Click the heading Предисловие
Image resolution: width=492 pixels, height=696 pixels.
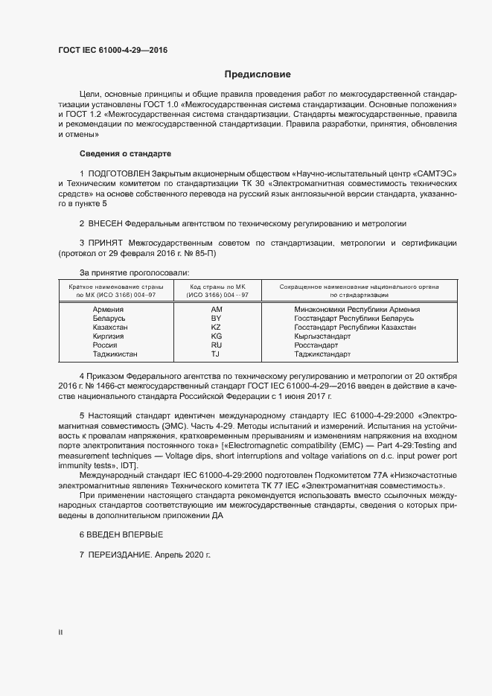pos(258,74)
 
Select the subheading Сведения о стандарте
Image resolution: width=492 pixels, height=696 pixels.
pos(125,153)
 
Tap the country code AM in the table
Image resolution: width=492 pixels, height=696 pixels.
pos(217,309)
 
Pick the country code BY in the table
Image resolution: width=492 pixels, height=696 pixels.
pos(217,318)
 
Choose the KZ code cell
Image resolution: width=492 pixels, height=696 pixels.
pos(217,327)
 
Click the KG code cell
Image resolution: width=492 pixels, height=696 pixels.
pos(217,336)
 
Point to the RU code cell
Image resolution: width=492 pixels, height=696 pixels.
pos(217,345)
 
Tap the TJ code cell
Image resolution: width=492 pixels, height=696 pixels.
pos(217,354)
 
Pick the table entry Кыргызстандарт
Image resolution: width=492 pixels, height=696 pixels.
pos(322,336)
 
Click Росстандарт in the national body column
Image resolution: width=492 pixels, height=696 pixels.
pos(316,345)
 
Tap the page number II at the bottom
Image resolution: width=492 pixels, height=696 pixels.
pos(60,632)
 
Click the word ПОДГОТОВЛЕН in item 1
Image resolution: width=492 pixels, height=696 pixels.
pos(121,173)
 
